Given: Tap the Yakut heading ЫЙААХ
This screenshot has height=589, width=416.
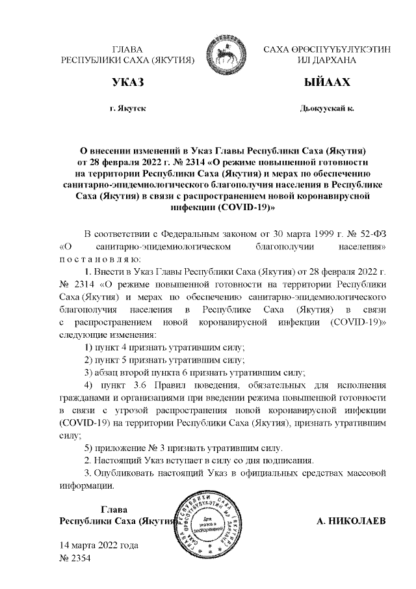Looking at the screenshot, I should tap(327, 83).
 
